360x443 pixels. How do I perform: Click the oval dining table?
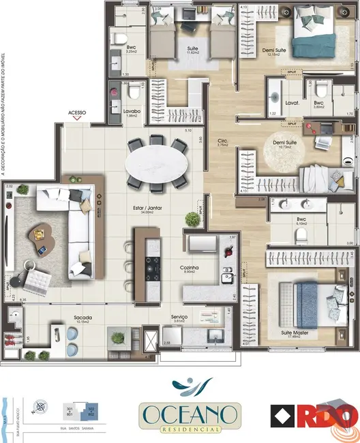(x=157, y=166)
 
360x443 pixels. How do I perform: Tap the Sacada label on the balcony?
(x=82, y=317)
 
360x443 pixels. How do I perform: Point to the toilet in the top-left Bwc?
(x=120, y=37)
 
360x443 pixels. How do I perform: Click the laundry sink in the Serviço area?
(x=215, y=334)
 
